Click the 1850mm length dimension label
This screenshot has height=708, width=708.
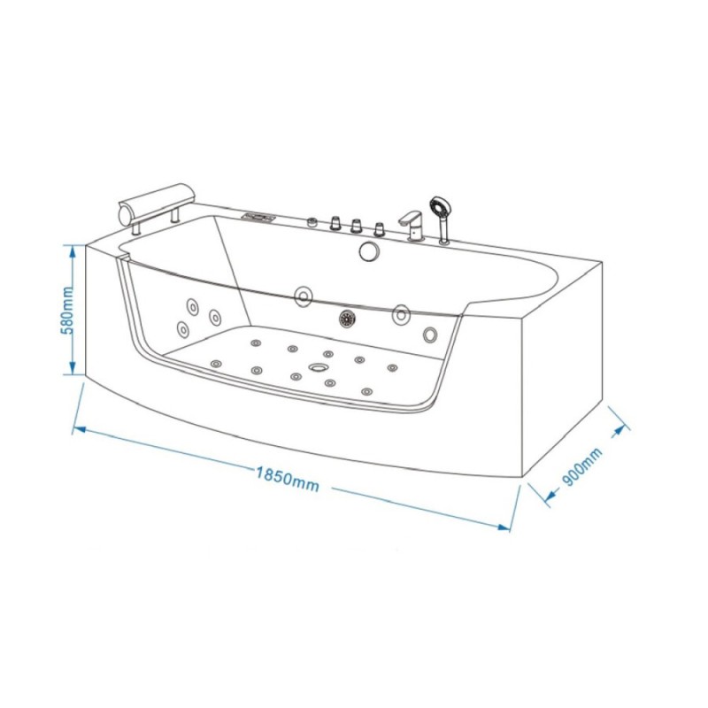point(288,479)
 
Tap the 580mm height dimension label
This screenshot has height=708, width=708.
point(67,310)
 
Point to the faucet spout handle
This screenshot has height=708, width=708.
point(410,218)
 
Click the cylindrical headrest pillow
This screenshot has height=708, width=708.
point(157,202)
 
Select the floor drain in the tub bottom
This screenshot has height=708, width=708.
point(319,367)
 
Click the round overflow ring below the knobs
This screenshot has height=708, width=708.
point(370,251)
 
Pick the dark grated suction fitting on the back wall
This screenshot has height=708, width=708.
point(347,319)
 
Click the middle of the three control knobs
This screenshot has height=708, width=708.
point(357,227)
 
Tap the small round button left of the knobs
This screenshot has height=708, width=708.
point(312,222)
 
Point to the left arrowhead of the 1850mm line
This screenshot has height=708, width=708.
point(79,429)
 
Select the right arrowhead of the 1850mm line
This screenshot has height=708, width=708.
point(504,527)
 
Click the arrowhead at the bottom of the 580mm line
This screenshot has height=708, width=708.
point(72,368)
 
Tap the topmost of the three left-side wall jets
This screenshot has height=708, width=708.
point(192,307)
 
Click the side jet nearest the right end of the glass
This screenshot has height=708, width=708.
point(430,335)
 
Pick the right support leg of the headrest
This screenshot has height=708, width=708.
point(174,214)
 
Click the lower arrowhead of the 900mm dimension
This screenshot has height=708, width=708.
point(550,496)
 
